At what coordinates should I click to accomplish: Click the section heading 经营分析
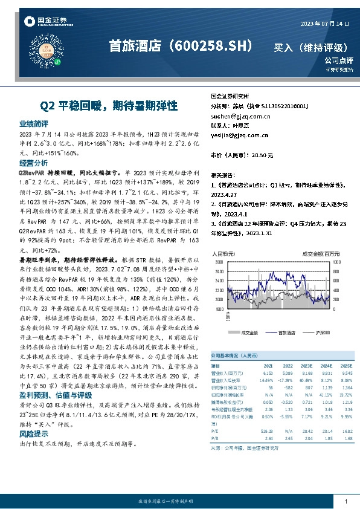click(x=34, y=163)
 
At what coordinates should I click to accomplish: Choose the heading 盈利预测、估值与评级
click(x=54, y=395)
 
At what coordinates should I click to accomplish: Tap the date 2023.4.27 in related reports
click(x=225, y=195)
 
